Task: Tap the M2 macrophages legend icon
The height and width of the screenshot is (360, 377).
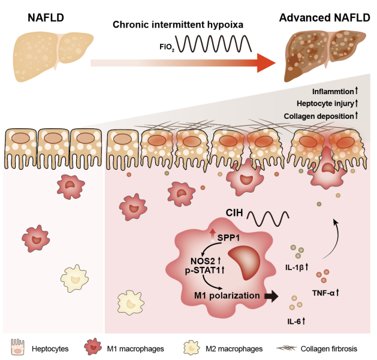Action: (x=190, y=347)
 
